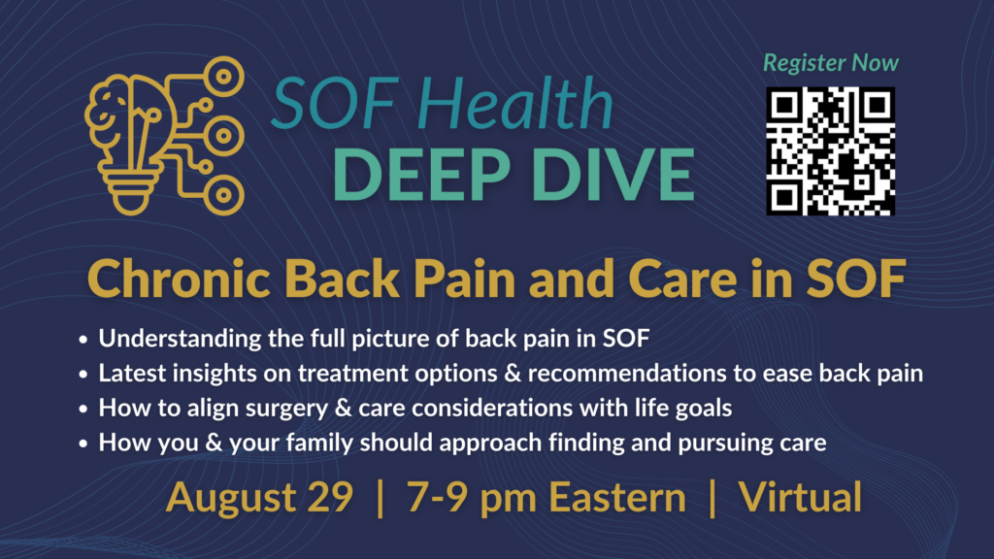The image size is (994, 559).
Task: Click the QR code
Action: pyautogui.click(x=831, y=151)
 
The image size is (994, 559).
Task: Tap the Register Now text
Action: pyautogui.click(x=831, y=63)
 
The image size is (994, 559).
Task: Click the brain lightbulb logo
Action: pyautogui.click(x=165, y=136)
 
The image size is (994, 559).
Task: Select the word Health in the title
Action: pyautogui.click(x=514, y=103)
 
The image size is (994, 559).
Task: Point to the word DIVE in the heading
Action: pyautogui.click(x=613, y=175)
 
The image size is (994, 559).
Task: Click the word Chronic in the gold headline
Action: pyautogui.click(x=180, y=279)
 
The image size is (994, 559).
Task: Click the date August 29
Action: pyautogui.click(x=259, y=497)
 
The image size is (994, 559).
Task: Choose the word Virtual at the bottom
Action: pyautogui.click(x=800, y=497)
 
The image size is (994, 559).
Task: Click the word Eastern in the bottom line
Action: pyautogui.click(x=616, y=497)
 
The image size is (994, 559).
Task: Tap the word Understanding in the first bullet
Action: pyautogui.click(x=180, y=339)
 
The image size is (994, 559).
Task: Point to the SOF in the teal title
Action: pyautogui.click(x=334, y=103)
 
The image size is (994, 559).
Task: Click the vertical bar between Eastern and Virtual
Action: pyautogui.click(x=712, y=498)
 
